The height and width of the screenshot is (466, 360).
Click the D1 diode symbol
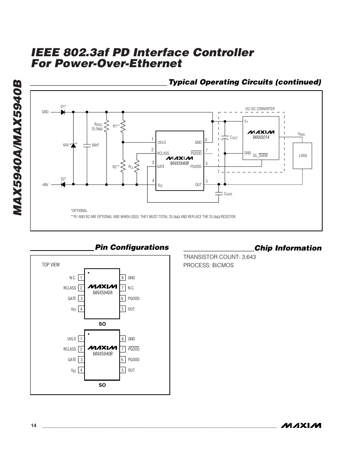point(63,112)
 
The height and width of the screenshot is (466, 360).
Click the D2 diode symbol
point(63,185)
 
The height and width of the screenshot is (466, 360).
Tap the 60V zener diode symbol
point(73,145)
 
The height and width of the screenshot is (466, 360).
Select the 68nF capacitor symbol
point(87,145)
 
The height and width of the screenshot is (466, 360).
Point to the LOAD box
point(303,155)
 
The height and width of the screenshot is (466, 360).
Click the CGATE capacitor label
point(228,194)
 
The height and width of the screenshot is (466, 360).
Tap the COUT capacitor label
point(234,138)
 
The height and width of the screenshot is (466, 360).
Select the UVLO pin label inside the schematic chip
point(162,143)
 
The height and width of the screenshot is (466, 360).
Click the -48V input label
point(45,185)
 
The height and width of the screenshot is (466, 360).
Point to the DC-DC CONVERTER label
point(260,109)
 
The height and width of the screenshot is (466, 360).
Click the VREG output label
point(301,134)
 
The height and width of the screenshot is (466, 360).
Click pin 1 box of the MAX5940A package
point(81,278)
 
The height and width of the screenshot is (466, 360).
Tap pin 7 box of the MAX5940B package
point(123,349)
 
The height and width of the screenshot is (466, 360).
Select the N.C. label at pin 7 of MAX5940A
point(131,288)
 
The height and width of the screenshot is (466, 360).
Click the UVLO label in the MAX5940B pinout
point(71,339)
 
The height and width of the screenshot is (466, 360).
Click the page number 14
point(34,426)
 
